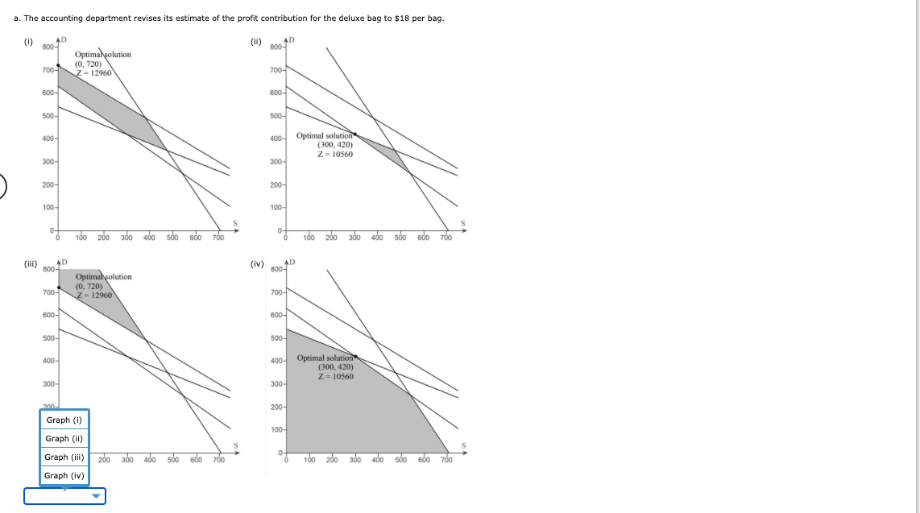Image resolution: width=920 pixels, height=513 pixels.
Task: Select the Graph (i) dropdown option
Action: [x=64, y=420]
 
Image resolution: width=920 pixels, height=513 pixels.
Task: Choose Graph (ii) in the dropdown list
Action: [x=64, y=438]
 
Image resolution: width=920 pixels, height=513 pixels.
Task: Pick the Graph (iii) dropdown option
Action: [x=64, y=457]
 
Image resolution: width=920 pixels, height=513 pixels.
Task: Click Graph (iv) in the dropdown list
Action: [x=64, y=475]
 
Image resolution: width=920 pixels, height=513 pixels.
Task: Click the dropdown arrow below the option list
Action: [x=97, y=496]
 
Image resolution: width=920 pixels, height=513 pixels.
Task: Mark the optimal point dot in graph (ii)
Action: [x=355, y=134]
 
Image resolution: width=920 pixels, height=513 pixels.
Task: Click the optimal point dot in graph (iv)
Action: [x=355, y=355]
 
